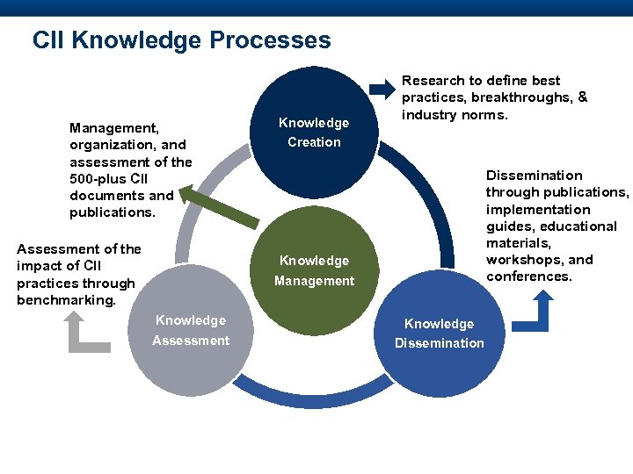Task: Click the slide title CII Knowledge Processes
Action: pos(181,40)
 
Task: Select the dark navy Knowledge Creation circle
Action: pos(314,133)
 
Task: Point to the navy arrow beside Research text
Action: pos(382,88)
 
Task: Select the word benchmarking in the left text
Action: pos(65,300)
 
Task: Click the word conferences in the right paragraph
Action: pos(528,276)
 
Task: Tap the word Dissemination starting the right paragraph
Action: pos(535,176)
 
